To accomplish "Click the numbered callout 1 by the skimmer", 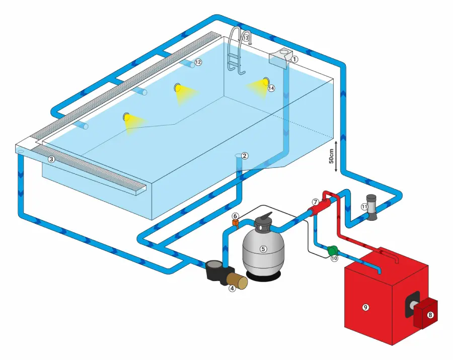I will (x=295, y=59).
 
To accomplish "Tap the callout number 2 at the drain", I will (x=245, y=156).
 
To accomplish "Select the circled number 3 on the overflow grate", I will (x=51, y=159).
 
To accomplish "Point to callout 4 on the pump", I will (x=232, y=288).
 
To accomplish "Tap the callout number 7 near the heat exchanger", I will (x=316, y=202).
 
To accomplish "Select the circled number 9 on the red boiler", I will (x=366, y=307).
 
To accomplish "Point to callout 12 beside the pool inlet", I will (x=198, y=62).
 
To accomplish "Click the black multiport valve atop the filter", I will (x=262, y=222).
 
